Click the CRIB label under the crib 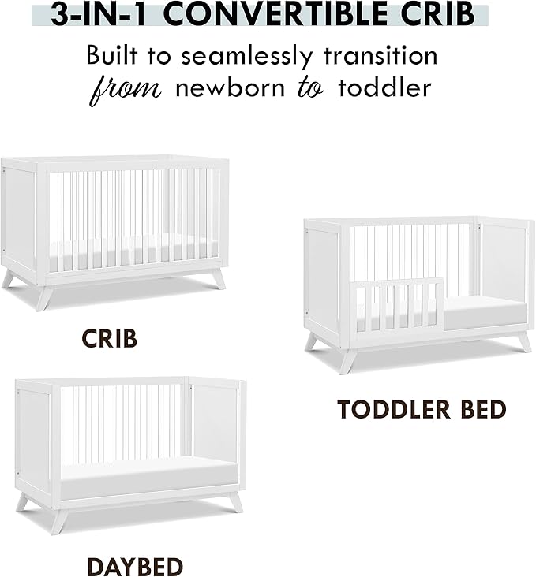pos(109,339)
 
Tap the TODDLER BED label pos(422,409)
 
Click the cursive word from pos(126,87)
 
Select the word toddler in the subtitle pos(384,87)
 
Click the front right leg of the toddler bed pos(523,341)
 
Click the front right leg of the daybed pos(234,501)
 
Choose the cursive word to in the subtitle pos(311,87)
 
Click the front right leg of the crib pos(217,279)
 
